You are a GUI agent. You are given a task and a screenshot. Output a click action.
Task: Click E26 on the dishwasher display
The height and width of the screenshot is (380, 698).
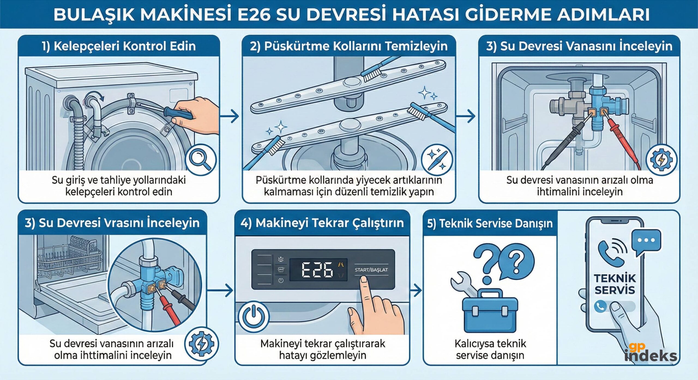[x=317, y=270]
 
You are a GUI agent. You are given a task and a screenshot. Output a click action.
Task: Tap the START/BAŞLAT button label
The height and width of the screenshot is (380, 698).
[x=371, y=270]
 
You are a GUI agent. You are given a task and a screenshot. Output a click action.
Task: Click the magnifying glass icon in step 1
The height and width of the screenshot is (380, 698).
[x=200, y=160]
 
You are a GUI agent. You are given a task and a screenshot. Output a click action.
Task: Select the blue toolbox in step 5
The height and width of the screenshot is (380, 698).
[x=490, y=313]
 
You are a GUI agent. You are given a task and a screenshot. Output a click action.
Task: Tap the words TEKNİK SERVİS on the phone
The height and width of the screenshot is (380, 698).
[x=615, y=284]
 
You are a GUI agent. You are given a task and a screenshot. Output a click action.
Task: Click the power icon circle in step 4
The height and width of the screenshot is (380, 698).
[x=254, y=317]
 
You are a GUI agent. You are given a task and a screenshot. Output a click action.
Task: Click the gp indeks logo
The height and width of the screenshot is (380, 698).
[x=650, y=353]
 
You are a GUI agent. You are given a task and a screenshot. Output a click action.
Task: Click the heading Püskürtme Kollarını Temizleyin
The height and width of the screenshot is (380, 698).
[x=349, y=46]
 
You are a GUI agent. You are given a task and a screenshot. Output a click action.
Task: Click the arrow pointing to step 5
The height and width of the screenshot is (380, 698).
[x=416, y=290]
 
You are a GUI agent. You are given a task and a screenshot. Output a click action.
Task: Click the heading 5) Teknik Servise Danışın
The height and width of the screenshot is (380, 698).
[x=490, y=223]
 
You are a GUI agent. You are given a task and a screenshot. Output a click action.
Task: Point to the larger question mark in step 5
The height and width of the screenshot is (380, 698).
[x=488, y=261]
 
